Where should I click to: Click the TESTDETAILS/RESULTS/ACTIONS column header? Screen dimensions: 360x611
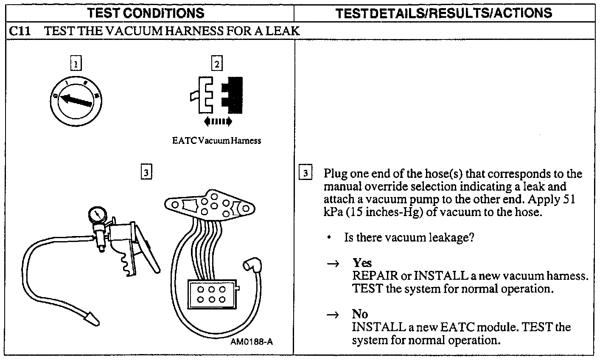[x=444, y=13]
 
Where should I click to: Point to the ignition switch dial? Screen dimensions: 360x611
[x=76, y=101]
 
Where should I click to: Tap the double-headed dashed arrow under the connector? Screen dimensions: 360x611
[x=218, y=122]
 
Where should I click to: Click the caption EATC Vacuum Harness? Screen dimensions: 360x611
[x=216, y=141]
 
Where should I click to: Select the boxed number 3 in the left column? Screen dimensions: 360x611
[x=146, y=173]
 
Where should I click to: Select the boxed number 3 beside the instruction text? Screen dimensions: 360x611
[x=305, y=174]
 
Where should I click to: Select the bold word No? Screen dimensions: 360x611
[x=360, y=314]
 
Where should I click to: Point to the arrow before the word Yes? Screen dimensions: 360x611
[x=334, y=264]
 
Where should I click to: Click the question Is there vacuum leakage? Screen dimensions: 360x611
[x=409, y=237]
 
